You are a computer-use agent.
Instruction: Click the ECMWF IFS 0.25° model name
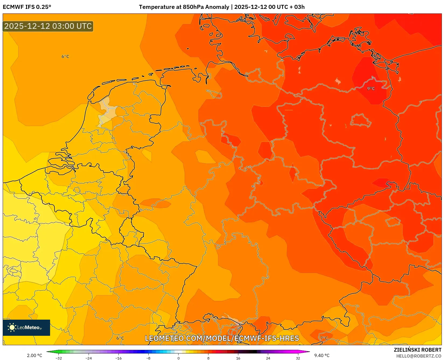(x=27, y=7)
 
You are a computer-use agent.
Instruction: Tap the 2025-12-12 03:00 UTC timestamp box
(x=48, y=26)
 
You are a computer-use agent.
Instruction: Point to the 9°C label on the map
(x=371, y=89)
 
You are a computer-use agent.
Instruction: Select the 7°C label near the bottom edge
(x=324, y=338)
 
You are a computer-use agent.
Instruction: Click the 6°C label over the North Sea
(x=65, y=57)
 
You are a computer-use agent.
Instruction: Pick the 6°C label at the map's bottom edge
(x=120, y=338)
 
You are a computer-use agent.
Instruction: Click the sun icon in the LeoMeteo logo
(x=12, y=327)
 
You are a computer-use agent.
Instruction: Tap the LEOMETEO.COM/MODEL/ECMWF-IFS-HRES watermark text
(x=222, y=338)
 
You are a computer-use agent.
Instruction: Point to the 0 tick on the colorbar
(x=178, y=358)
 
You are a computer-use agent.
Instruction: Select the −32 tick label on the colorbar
(x=58, y=358)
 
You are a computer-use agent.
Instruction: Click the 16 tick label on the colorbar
(x=238, y=358)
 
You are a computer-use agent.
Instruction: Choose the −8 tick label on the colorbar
(x=148, y=358)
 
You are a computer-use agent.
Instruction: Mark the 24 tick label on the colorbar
(x=268, y=358)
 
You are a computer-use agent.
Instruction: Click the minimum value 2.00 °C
(x=34, y=355)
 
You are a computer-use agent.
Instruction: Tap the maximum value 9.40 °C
(x=322, y=355)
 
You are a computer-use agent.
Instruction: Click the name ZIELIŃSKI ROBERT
(x=417, y=350)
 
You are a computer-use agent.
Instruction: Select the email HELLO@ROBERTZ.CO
(x=419, y=356)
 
